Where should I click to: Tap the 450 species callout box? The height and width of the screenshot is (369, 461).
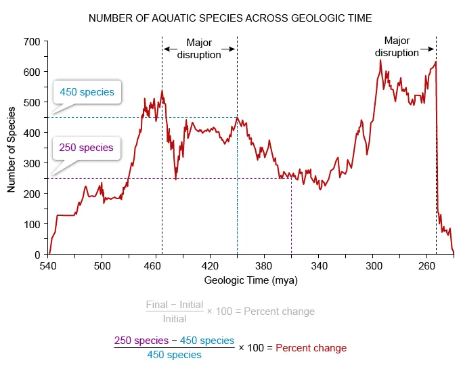[87, 91]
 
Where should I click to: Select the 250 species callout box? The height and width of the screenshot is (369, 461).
[87, 147]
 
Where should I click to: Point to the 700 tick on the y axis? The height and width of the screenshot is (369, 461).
[32, 41]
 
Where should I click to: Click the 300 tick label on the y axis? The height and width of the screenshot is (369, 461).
[32, 163]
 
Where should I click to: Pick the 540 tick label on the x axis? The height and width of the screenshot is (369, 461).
[47, 266]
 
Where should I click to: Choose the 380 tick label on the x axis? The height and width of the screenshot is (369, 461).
[264, 266]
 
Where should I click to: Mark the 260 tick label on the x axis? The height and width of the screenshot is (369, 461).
[426, 266]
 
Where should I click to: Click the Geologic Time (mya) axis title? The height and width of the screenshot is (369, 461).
[250, 280]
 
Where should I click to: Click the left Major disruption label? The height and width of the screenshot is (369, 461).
[199, 49]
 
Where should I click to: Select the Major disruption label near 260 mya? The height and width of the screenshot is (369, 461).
[397, 47]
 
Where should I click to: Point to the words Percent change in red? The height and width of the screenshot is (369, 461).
[311, 347]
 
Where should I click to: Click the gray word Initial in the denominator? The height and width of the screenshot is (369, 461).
[175, 319]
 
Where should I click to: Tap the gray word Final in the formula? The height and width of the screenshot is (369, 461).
[157, 305]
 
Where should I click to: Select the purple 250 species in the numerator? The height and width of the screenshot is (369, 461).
[141, 341]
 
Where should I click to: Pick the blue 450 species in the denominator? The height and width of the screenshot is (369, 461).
[174, 355]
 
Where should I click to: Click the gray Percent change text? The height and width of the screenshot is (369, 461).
[279, 311]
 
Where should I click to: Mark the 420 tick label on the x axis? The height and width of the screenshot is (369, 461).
[210, 266]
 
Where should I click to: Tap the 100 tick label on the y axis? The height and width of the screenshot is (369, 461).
[32, 224]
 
